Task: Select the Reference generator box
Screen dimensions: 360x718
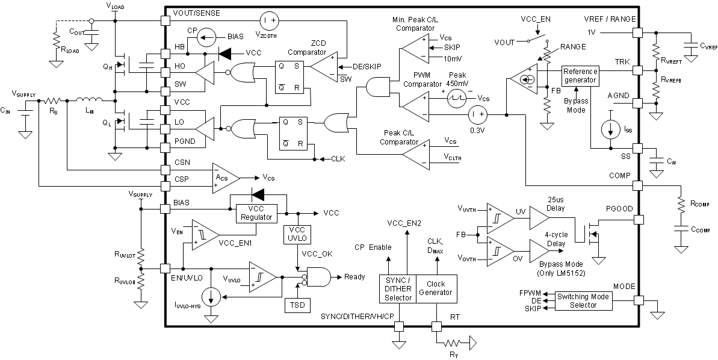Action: [580, 76]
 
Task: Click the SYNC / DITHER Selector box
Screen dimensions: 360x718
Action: [397, 288]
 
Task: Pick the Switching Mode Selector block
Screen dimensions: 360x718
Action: [583, 300]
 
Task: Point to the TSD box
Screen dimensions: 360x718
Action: [296, 305]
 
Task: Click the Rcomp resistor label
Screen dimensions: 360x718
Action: [701, 203]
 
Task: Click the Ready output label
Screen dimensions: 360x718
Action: [354, 277]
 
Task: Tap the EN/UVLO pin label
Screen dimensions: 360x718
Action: [187, 278]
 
